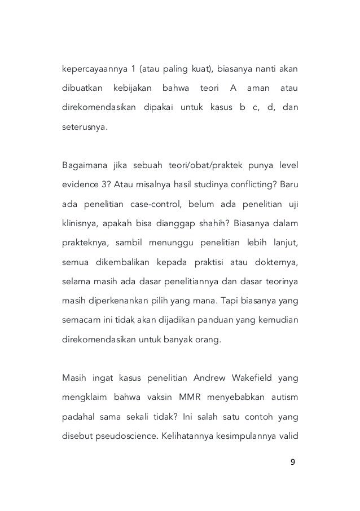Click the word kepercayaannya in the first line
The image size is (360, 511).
point(90,71)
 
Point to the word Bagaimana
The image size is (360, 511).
point(83,165)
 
